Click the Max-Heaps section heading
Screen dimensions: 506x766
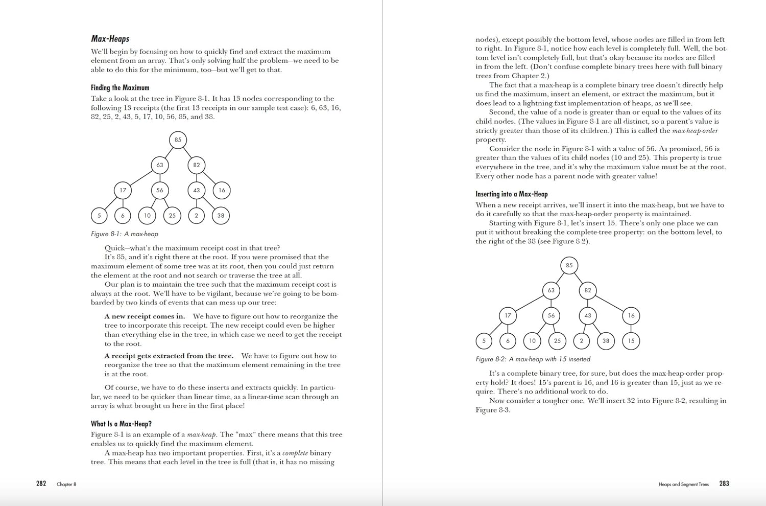pos(110,39)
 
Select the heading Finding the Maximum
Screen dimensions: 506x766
pos(120,87)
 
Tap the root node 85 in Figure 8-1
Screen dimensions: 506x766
pos(178,140)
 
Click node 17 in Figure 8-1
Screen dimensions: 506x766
pos(123,190)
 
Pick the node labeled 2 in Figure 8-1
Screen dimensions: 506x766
pos(196,215)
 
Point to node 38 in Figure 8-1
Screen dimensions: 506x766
pos(221,215)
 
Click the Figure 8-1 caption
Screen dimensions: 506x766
pos(125,234)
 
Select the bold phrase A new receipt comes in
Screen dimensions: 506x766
pos(145,316)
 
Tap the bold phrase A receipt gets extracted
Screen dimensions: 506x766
pos(169,356)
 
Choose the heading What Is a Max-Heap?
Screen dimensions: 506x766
pos(121,424)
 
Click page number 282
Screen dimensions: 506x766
pos(41,484)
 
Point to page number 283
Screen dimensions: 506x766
pos(724,484)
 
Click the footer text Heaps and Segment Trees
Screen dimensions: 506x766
pos(683,484)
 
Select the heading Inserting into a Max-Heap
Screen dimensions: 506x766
pos(511,194)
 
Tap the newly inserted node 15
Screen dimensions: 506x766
pos(631,341)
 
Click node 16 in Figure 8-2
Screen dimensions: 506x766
pos(631,315)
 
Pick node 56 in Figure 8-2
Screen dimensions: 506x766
pos(551,315)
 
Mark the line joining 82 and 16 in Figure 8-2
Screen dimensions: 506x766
pos(609,303)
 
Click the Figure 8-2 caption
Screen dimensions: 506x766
pos(533,359)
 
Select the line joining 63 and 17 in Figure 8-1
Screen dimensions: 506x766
pos(141,178)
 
